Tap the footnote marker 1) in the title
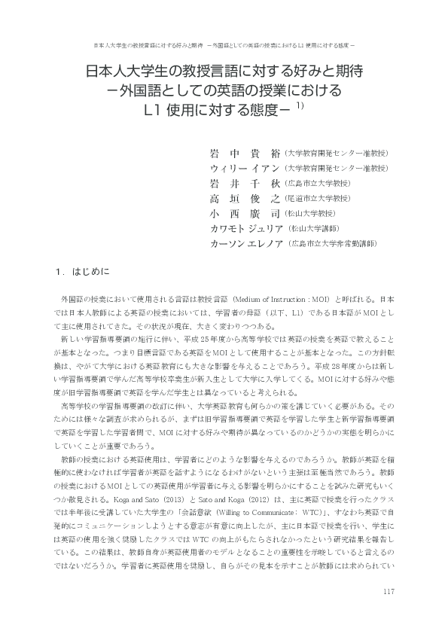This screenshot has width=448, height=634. click(299, 106)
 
